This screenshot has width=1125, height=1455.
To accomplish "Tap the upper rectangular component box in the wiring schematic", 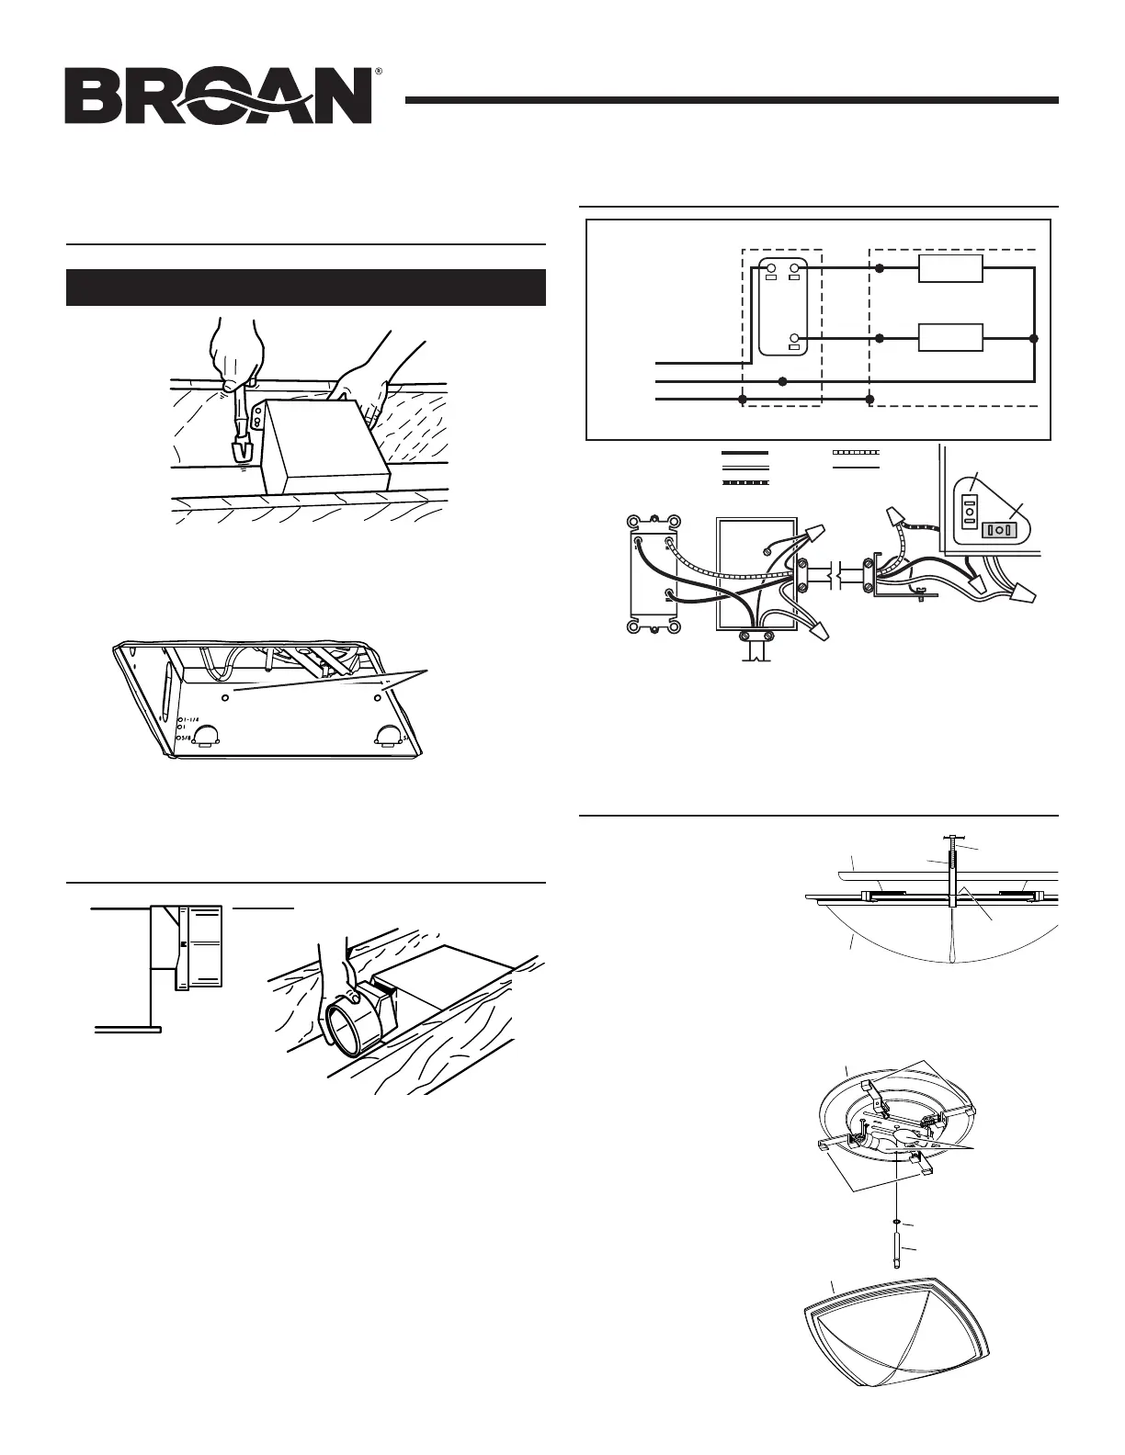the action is pyautogui.click(x=951, y=268).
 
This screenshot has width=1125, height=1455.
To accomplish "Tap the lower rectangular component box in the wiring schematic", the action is pyautogui.click(x=951, y=338).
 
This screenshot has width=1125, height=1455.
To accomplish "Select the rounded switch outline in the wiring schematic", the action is pyautogui.click(x=782, y=305).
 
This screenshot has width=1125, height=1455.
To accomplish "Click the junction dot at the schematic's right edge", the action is pyautogui.click(x=1035, y=338).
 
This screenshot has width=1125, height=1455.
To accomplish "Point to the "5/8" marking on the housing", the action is pyautogui.click(x=188, y=739).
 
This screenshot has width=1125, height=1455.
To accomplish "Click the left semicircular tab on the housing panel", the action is pyautogui.click(x=203, y=734).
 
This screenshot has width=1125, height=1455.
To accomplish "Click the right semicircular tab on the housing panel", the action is pyautogui.click(x=389, y=734).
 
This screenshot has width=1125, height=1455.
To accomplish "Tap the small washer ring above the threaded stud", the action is pyautogui.click(x=896, y=1222).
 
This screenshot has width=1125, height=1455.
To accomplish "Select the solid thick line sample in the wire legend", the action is pyautogui.click(x=744, y=454).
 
